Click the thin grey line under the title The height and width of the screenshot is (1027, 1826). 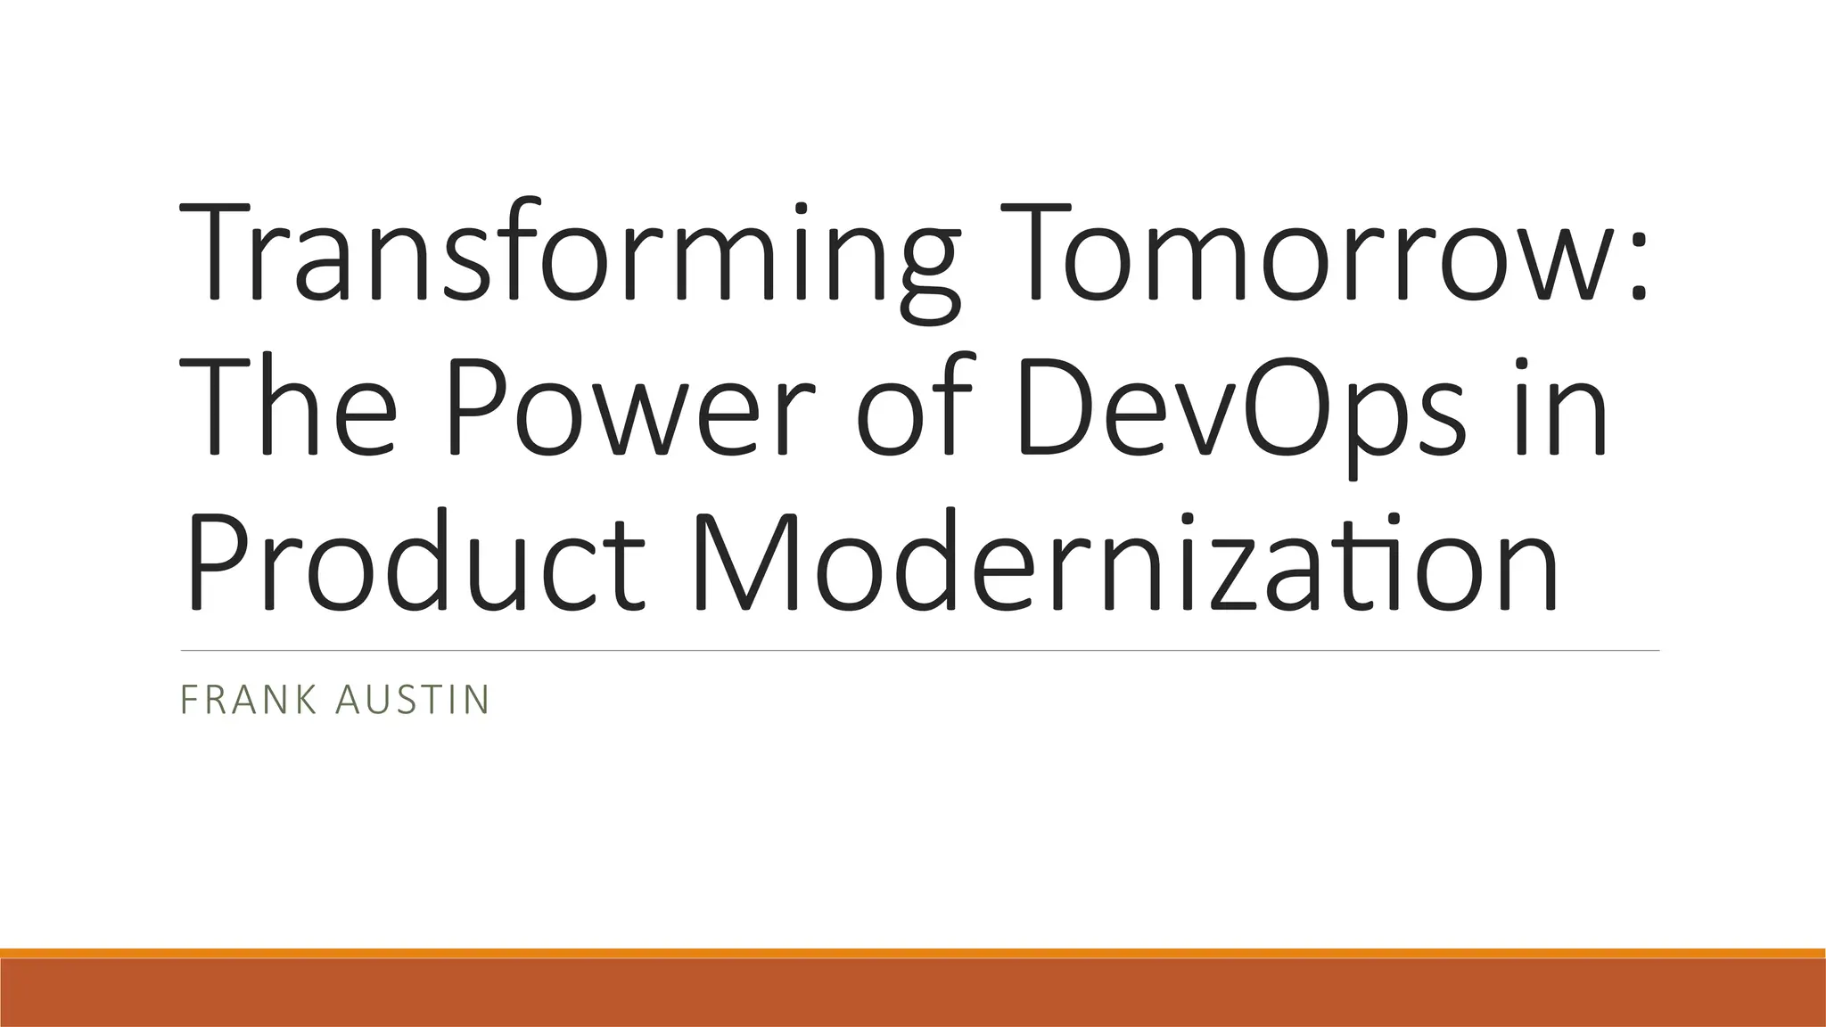pos(918,651)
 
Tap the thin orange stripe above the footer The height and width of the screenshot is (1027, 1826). pos(913,953)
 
